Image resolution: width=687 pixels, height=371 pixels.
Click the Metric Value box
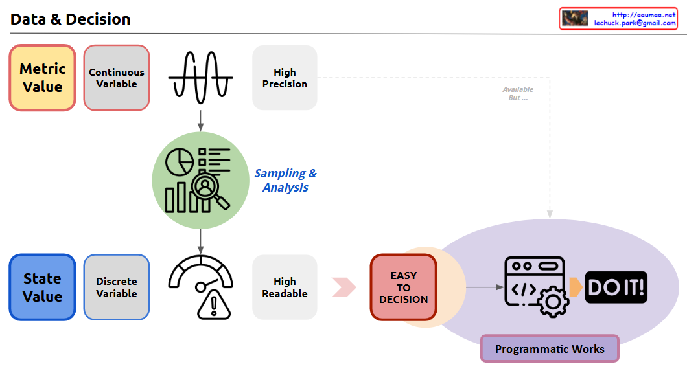click(42, 78)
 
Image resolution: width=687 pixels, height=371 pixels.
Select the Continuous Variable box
click(117, 78)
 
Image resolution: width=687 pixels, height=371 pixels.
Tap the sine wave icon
click(200, 77)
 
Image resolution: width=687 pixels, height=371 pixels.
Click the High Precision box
click(285, 78)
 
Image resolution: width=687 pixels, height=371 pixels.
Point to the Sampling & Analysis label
click(285, 181)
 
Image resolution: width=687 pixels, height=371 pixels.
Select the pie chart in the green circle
click(180, 163)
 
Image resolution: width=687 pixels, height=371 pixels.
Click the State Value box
click(42, 287)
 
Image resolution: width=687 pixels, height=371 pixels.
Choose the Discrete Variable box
click(117, 287)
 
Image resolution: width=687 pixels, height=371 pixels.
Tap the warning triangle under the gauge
click(213, 304)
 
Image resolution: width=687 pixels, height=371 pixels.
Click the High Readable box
click(285, 287)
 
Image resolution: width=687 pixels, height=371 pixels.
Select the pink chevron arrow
click(344, 287)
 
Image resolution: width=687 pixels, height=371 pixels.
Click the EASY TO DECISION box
click(404, 287)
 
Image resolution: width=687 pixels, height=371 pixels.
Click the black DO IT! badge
click(616, 287)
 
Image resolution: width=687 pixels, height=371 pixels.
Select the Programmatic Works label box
click(550, 349)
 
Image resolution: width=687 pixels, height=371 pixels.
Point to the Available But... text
click(518, 94)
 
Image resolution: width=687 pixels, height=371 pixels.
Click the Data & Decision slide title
click(71, 19)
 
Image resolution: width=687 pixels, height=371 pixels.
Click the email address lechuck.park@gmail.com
click(635, 23)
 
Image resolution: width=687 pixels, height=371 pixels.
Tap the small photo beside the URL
click(575, 18)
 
